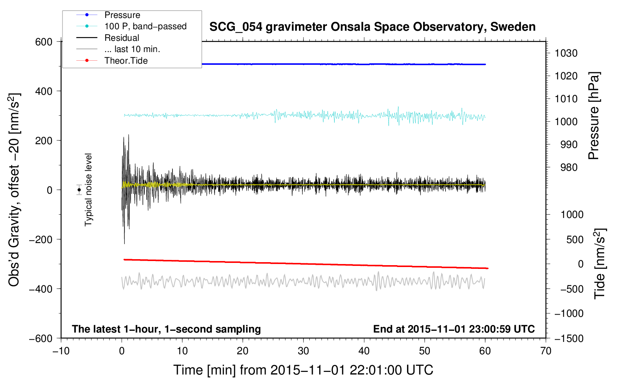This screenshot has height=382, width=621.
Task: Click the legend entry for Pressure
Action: (122, 15)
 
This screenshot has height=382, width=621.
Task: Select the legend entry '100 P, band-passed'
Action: (145, 26)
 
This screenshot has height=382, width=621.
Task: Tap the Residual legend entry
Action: (122, 38)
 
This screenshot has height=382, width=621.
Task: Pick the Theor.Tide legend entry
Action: (126, 61)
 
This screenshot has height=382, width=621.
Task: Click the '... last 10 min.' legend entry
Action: (132, 49)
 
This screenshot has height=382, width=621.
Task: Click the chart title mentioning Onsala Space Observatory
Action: (372, 27)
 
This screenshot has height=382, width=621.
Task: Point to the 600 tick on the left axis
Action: (44, 42)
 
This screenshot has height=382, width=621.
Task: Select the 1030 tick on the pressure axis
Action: (566, 53)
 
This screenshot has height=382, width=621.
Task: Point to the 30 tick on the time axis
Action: (303, 351)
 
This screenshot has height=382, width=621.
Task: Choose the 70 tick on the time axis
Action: (546, 351)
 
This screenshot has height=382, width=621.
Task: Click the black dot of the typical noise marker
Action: (79, 190)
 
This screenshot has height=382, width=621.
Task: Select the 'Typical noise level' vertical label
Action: (88, 190)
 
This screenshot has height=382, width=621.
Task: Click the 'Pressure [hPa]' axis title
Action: (594, 116)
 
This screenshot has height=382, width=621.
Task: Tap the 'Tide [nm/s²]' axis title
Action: (600, 263)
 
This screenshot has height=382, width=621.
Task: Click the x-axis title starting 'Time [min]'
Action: (303, 370)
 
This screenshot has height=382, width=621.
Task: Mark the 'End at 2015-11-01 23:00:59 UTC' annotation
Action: (454, 329)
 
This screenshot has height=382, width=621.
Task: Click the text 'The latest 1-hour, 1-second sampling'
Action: (166, 329)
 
